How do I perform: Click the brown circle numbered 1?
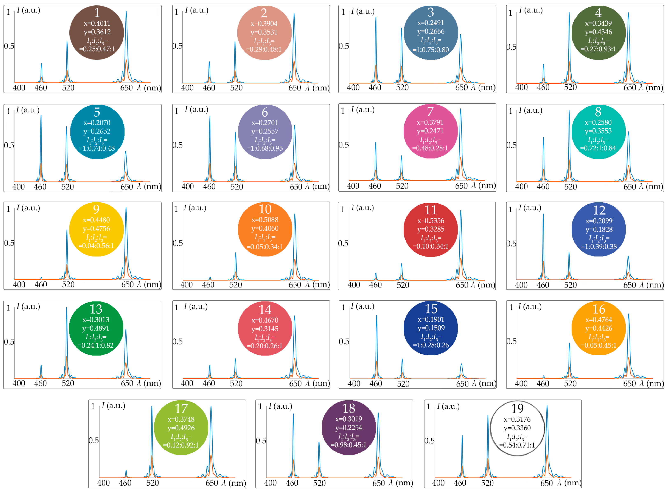tap(97, 33)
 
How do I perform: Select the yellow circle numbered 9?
tap(96, 229)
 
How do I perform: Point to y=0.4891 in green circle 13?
tap(96, 328)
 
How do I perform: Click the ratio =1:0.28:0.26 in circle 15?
tap(431, 345)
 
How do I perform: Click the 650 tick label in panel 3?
tap(461, 87)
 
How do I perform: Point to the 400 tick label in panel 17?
tap(103, 483)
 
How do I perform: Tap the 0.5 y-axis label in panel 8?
tap(511, 145)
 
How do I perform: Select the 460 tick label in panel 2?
tap(209, 88)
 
